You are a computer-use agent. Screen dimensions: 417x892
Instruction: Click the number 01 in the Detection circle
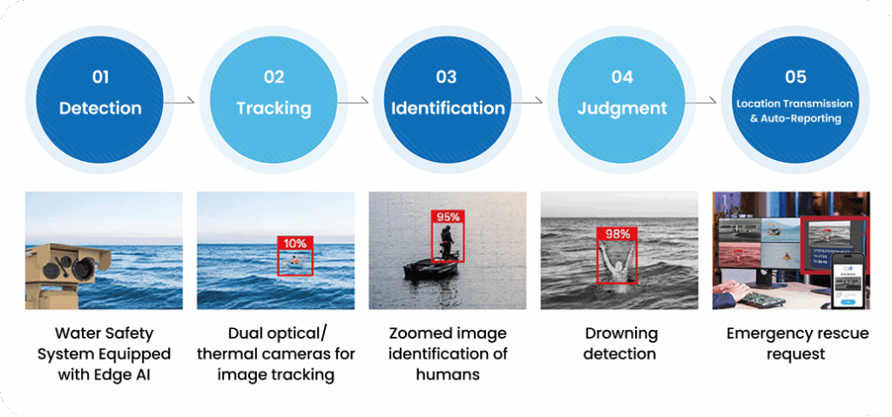coord(100,77)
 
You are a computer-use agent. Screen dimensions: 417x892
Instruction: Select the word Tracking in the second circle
coord(274,109)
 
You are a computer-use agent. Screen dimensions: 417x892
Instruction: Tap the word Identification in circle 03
coord(448,109)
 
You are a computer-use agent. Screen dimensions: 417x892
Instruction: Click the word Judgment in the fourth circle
coord(622,109)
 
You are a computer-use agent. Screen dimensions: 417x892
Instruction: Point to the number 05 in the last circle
coord(794,77)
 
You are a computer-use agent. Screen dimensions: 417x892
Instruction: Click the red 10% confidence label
coord(294,244)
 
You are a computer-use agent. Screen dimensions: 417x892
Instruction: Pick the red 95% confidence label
coord(449,216)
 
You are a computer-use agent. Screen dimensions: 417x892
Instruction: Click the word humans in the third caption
coord(448,375)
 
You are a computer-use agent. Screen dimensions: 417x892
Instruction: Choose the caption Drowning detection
coord(621,344)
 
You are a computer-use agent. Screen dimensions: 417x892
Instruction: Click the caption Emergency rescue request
coord(794,344)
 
